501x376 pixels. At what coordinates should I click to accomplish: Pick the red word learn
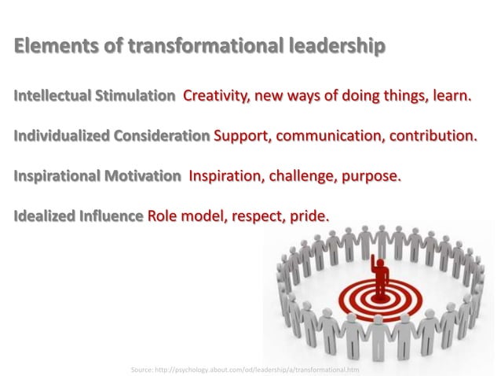[451, 97]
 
